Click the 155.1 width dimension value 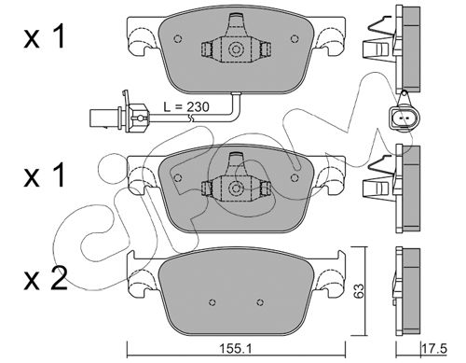235,349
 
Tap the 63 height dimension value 359,290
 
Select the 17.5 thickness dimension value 434,348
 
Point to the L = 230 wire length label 186,107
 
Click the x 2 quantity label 46,279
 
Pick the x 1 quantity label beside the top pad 45,36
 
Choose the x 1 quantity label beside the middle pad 45,175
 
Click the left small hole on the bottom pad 212,301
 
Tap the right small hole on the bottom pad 260,301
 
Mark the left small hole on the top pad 178,38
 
